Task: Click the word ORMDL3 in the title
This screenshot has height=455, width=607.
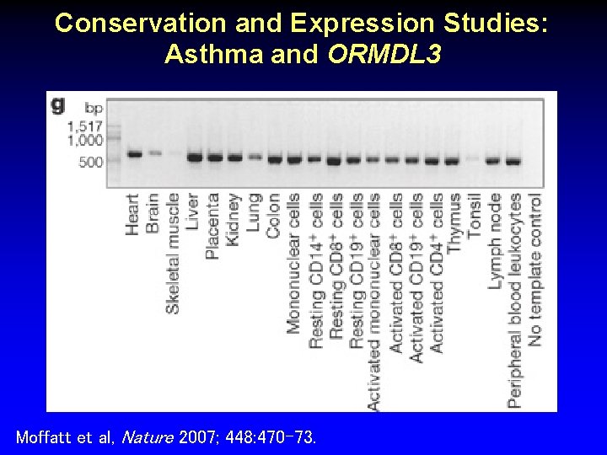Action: tap(384, 55)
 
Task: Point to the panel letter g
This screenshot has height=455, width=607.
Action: tap(58, 104)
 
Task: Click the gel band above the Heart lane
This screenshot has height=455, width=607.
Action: tap(134, 153)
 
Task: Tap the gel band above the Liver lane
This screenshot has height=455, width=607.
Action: tap(195, 157)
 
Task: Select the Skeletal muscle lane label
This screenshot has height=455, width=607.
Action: tap(173, 253)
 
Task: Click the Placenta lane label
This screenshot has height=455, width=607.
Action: tap(214, 226)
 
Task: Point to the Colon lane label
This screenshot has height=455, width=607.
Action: tap(273, 216)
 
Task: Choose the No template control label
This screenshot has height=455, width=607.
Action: tap(534, 270)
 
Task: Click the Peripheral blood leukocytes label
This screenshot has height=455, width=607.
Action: tap(514, 300)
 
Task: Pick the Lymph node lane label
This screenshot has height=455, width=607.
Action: tap(495, 241)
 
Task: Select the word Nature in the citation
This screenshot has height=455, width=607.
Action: tap(148, 437)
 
